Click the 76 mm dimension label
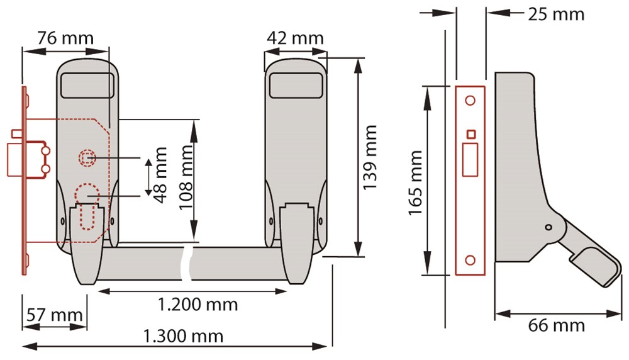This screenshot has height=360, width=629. click(65, 38)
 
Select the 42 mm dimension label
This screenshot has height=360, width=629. click(295, 38)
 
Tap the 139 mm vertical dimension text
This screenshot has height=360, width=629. click(370, 157)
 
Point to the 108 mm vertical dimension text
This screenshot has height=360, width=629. click(186, 177)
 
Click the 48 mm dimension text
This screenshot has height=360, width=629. click(160, 175)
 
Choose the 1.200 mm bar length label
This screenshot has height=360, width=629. click(198, 305)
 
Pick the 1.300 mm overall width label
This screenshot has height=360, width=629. click(183, 336)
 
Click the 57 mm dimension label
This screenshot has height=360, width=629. click(55, 315)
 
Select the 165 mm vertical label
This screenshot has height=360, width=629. click(416, 183)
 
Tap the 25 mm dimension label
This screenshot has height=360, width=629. click(556, 14)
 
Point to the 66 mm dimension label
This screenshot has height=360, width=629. click(556, 325)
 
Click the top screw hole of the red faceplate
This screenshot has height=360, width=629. click(470, 100)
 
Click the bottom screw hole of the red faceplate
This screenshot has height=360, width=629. click(470, 260)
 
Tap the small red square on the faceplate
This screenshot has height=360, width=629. click(472, 135)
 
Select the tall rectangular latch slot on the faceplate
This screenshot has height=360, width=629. click(470, 160)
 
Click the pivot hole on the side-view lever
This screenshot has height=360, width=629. click(548, 228)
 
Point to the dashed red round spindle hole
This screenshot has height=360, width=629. click(87, 158)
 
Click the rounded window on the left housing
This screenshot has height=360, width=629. click(87, 85)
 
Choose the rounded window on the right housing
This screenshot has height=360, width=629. click(296, 85)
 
